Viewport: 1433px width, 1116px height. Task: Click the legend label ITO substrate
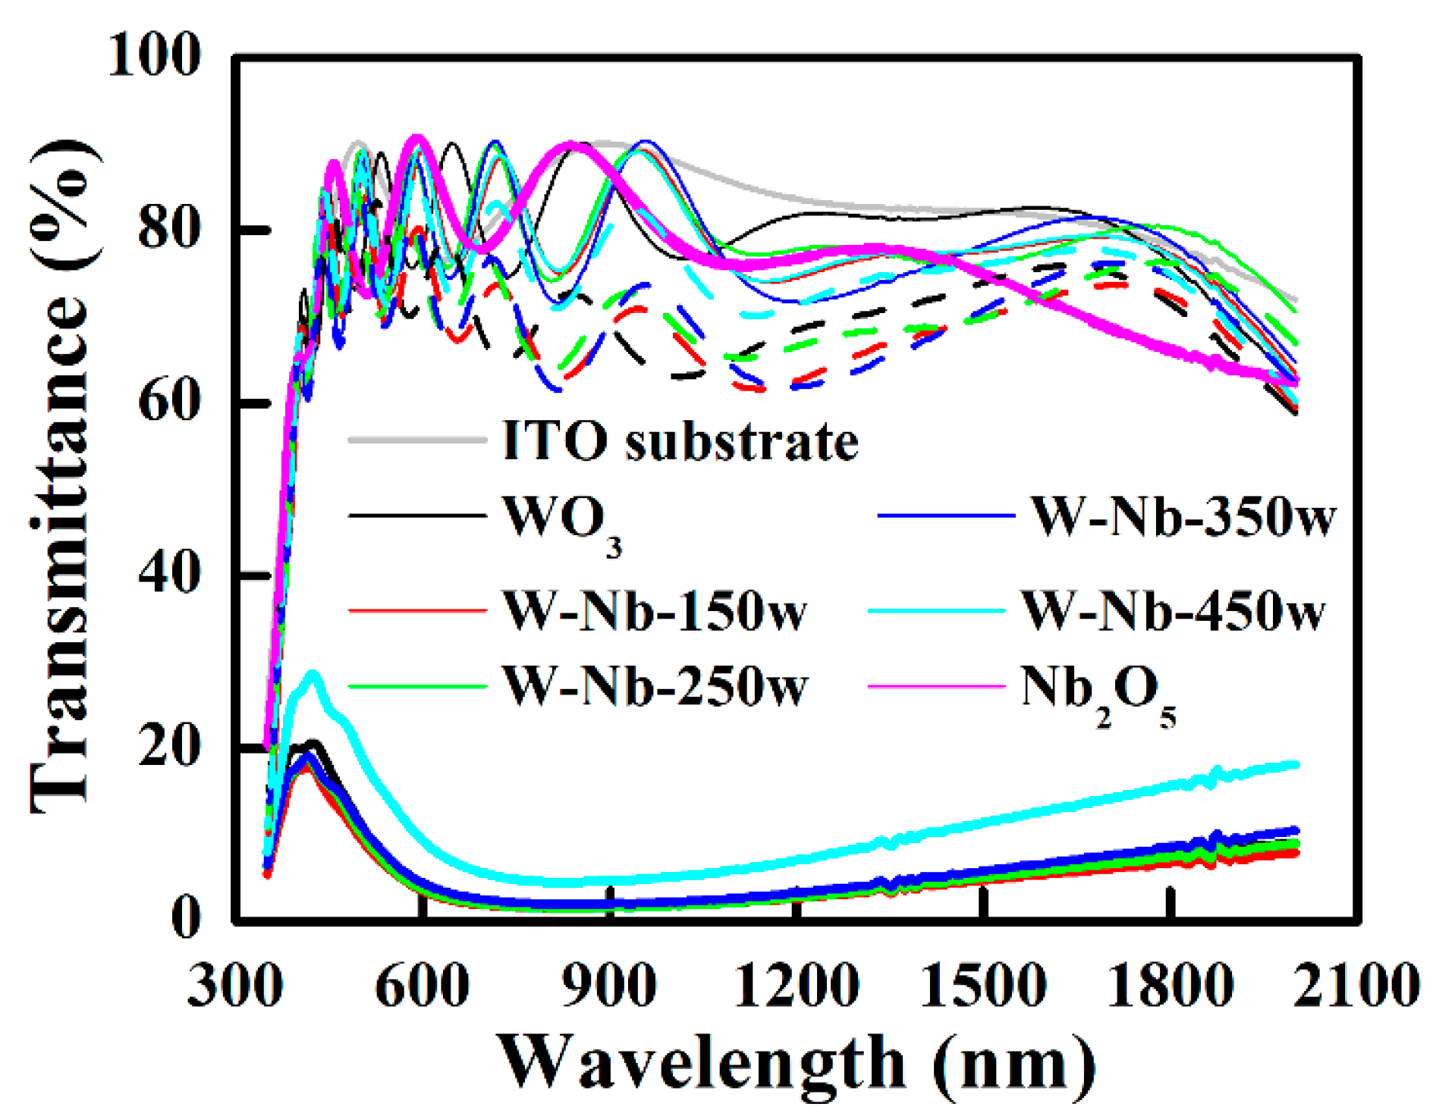click(680, 440)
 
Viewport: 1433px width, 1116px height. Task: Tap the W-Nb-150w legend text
click(655, 611)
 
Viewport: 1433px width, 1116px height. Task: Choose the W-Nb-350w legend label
click(1182, 518)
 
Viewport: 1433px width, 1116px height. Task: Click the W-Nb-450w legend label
click(1173, 611)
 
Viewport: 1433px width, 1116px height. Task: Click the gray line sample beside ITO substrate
click(417, 440)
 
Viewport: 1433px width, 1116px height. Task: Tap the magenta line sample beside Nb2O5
click(936, 687)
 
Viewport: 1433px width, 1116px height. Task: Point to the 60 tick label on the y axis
click(168, 402)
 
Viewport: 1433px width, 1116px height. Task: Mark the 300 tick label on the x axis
click(235, 986)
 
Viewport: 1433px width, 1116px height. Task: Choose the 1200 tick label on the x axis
click(797, 986)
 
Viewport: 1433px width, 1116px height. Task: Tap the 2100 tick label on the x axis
click(1356, 986)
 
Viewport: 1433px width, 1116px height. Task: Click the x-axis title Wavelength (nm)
click(797, 1063)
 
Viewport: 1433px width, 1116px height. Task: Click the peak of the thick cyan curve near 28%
click(312, 673)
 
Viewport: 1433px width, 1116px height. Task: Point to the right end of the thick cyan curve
click(1296, 764)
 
